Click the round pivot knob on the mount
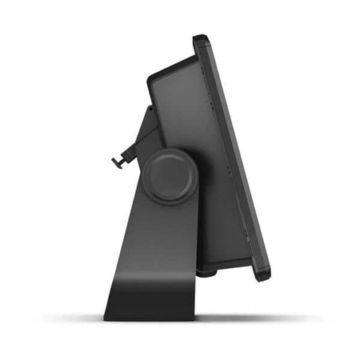[169, 173]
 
